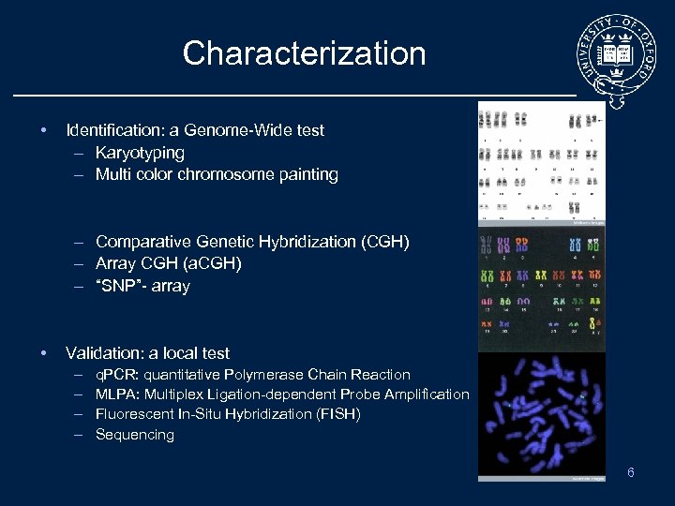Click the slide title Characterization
tap(304, 53)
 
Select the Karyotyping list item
tap(140, 152)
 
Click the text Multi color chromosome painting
tap(217, 174)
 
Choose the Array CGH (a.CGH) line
tap(168, 263)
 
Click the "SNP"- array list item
tap(142, 286)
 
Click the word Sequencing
tap(135, 435)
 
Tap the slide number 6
tap(631, 472)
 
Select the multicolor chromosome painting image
tap(541, 289)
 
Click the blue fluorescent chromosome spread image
tap(541, 415)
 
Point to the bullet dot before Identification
tap(44, 130)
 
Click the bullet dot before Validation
tap(44, 353)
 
